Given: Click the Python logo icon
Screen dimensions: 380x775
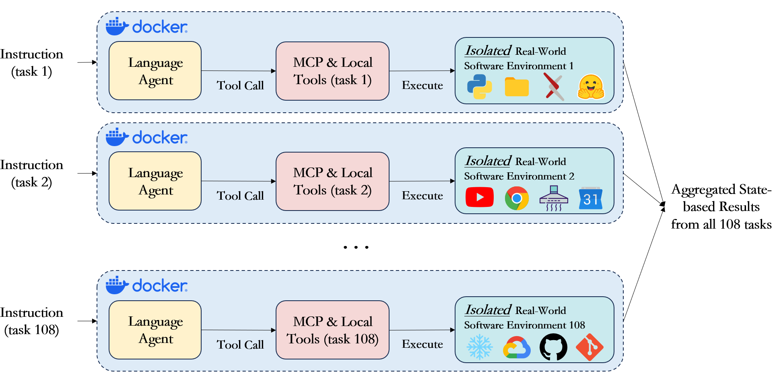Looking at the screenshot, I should click(479, 87).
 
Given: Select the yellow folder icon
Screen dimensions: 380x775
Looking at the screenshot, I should click(516, 87).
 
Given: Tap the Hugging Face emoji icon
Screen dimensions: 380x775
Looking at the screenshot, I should click(591, 87).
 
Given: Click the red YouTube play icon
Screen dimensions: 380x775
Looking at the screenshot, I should click(479, 197).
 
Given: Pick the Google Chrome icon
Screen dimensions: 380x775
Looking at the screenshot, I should click(517, 198).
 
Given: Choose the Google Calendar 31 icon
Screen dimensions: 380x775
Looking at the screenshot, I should click(591, 198).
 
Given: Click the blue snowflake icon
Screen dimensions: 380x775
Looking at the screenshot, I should click(479, 347).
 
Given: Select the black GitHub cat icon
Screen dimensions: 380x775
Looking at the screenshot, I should click(553, 347).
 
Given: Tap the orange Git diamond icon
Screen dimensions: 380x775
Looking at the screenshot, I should click(589, 347).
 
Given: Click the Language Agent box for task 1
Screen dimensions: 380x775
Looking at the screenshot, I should click(155, 71).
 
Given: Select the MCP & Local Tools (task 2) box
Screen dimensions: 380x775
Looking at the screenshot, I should click(332, 181).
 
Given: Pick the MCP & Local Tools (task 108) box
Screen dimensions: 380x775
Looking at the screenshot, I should click(332, 330).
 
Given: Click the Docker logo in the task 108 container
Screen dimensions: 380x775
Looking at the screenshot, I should click(146, 285).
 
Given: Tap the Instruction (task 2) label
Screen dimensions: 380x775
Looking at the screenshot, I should click(32, 173).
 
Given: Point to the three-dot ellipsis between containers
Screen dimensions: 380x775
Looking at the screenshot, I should click(356, 247).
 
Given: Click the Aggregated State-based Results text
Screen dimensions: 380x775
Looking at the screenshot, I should click(721, 207).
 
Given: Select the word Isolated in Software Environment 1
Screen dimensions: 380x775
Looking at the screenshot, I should click(488, 51).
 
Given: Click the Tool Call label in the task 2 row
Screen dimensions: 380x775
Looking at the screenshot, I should click(240, 196).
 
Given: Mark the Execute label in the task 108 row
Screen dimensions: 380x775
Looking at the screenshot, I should click(422, 344).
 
